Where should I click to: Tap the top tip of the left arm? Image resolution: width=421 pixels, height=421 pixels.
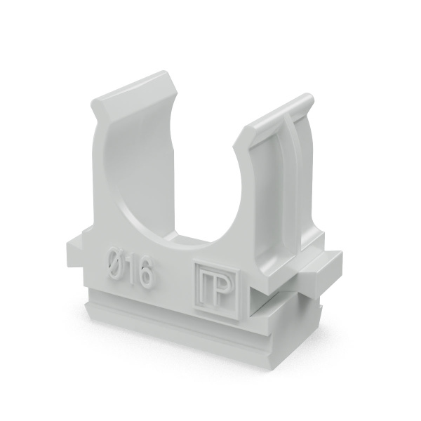[x=163, y=72]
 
